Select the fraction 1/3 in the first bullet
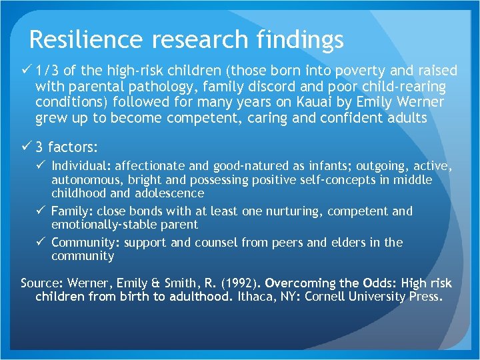point(49,71)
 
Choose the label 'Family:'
point(73,211)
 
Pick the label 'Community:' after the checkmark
point(85,243)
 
